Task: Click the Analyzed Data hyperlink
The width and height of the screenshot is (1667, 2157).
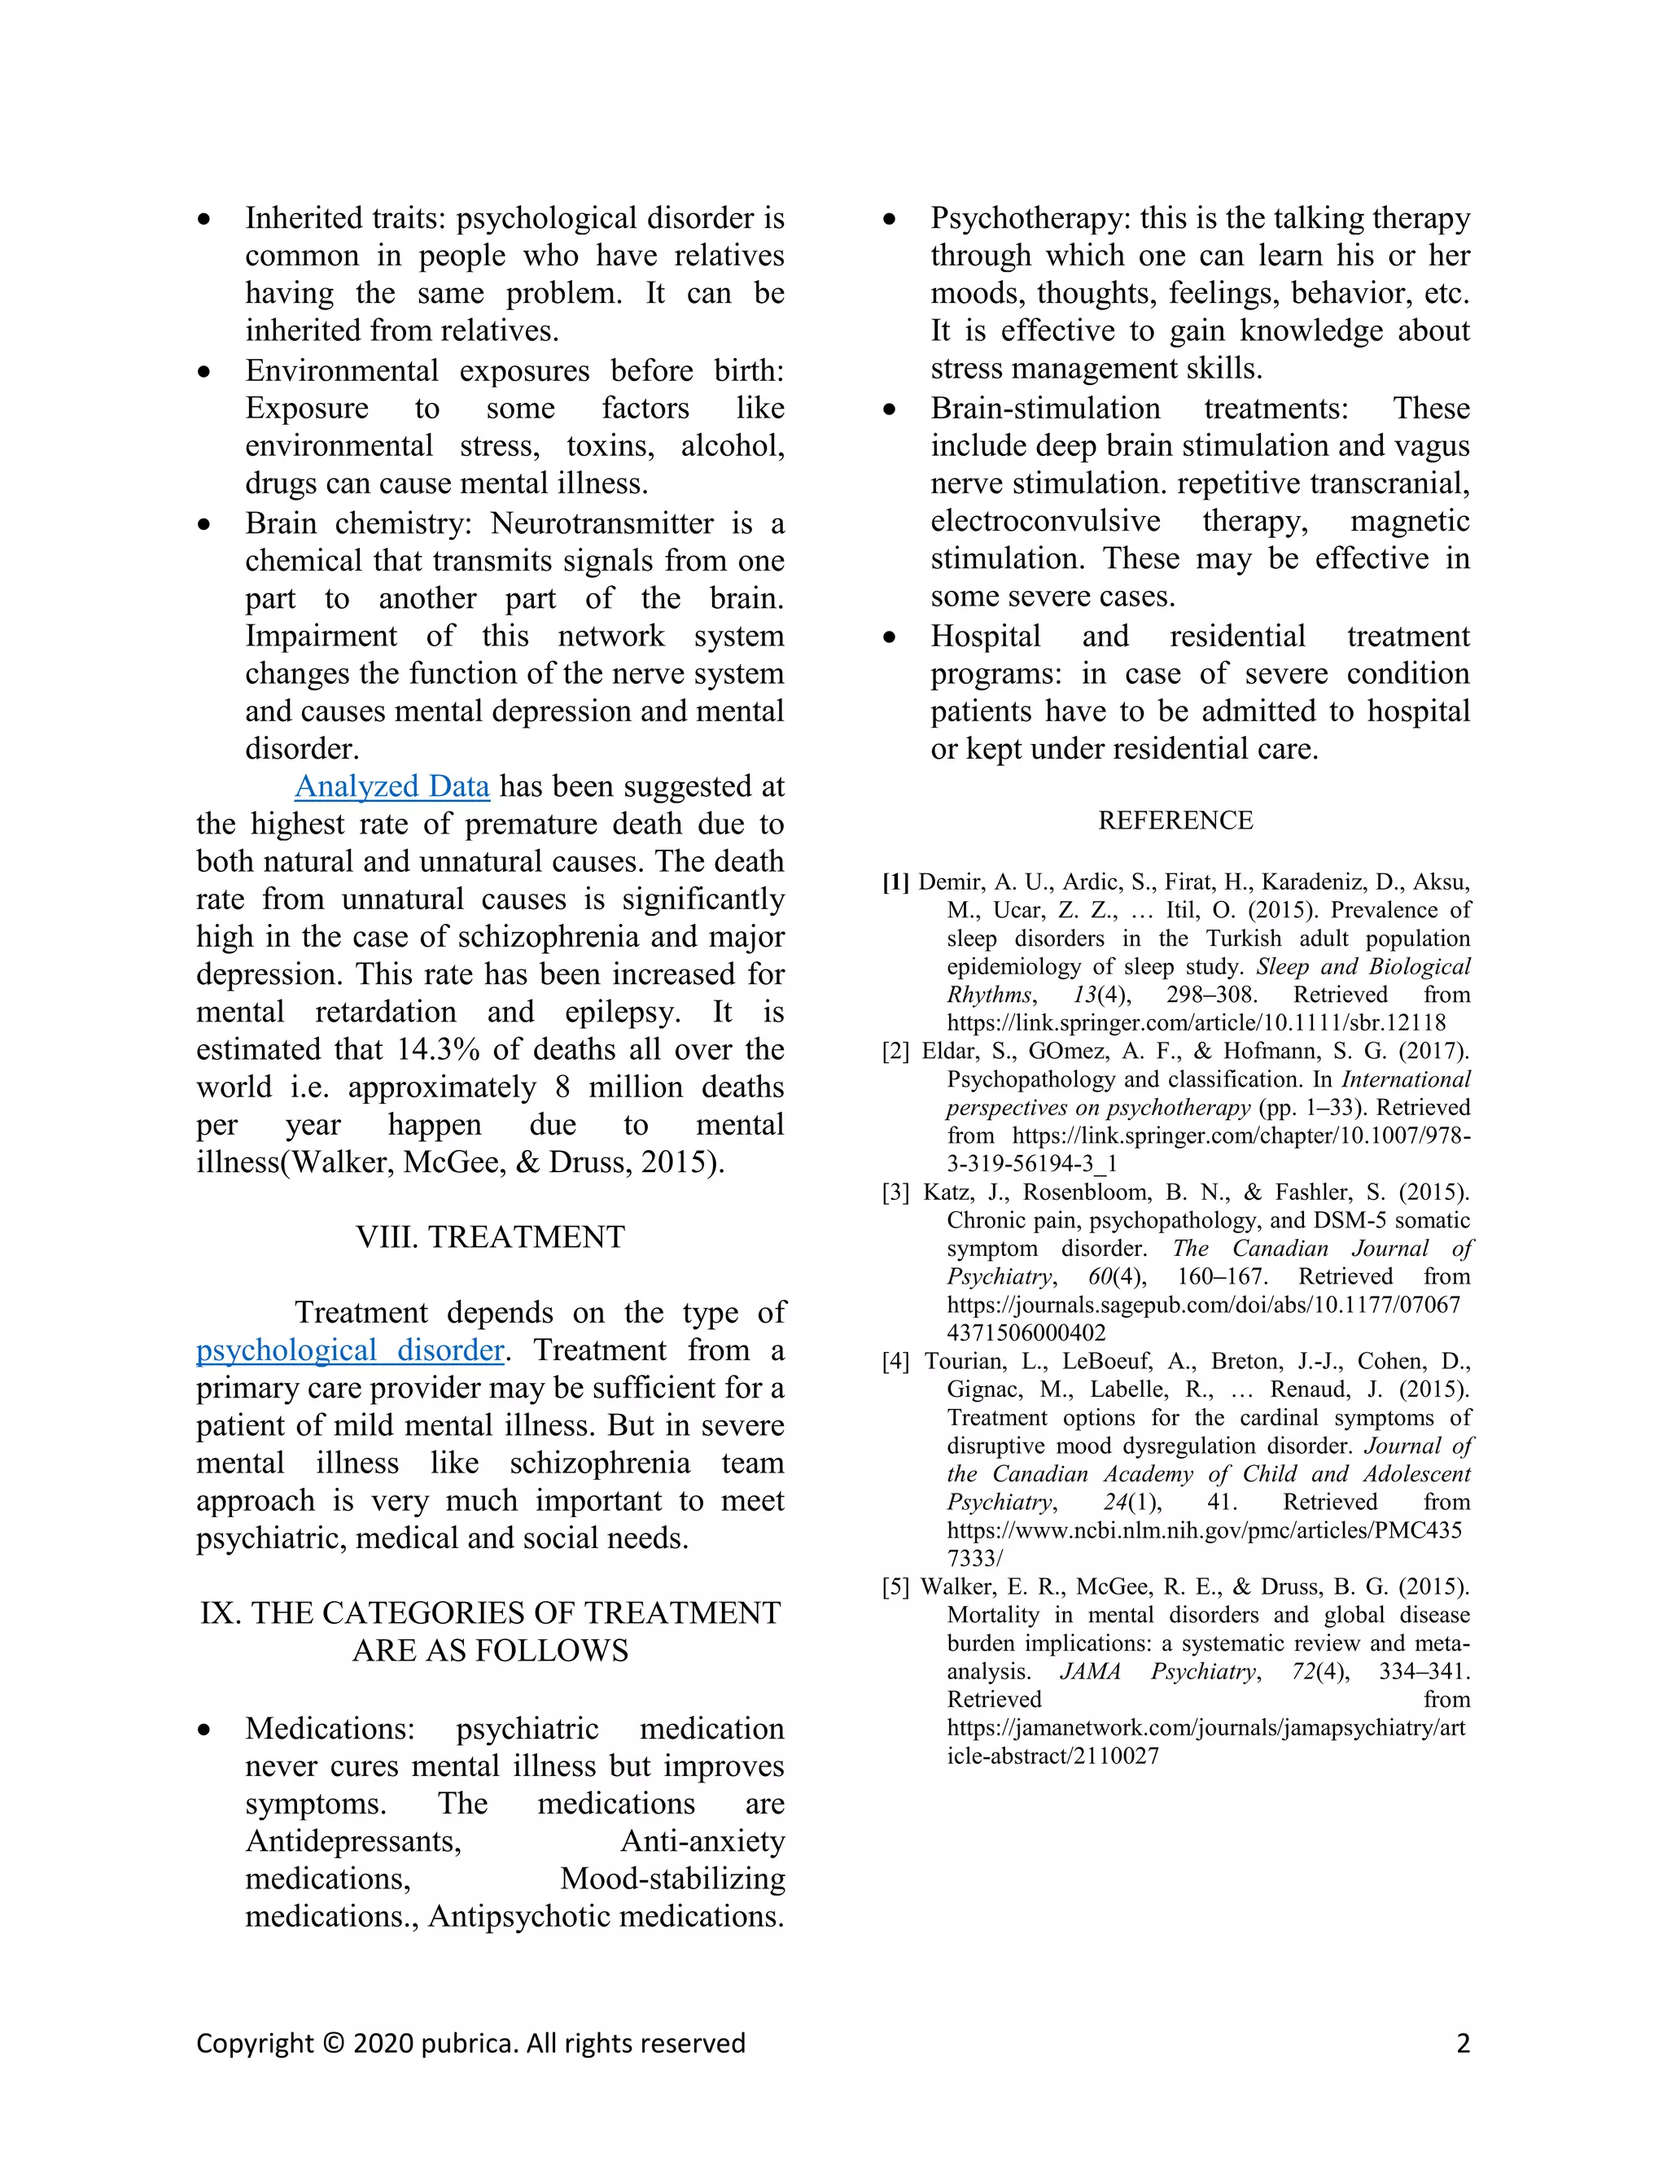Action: pos(392,786)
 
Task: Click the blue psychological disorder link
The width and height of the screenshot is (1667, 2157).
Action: pos(351,1350)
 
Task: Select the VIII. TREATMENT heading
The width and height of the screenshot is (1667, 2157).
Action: pos(490,1236)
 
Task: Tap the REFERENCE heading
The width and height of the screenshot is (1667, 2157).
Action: pos(1175,820)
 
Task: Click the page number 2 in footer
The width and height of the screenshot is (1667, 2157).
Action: pos(1463,2043)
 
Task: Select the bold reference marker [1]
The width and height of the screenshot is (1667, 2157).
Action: pos(895,882)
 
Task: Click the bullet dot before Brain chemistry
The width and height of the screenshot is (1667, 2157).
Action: pos(204,524)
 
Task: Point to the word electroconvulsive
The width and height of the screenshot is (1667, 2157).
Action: pos(1045,522)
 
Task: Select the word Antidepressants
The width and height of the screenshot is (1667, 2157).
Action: pos(352,1841)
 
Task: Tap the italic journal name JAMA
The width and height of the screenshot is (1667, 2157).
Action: pos(1090,1672)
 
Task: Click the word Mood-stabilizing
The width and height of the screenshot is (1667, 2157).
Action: pos(672,1879)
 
